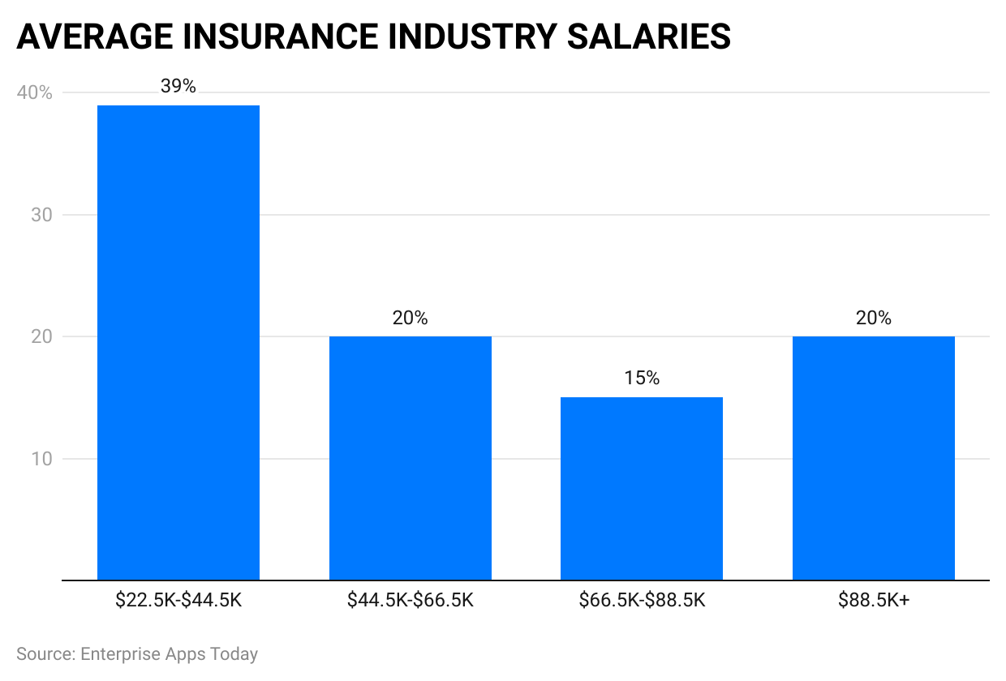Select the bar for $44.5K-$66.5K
[411, 458]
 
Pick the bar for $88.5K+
[874, 458]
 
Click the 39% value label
[178, 86]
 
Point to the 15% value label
[642, 378]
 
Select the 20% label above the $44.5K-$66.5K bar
[411, 318]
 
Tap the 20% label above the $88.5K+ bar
[874, 318]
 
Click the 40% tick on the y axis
[34, 93]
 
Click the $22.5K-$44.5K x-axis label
[178, 601]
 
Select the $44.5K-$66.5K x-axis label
[411, 601]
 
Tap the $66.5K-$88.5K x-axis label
[642, 601]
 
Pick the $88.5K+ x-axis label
[874, 601]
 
